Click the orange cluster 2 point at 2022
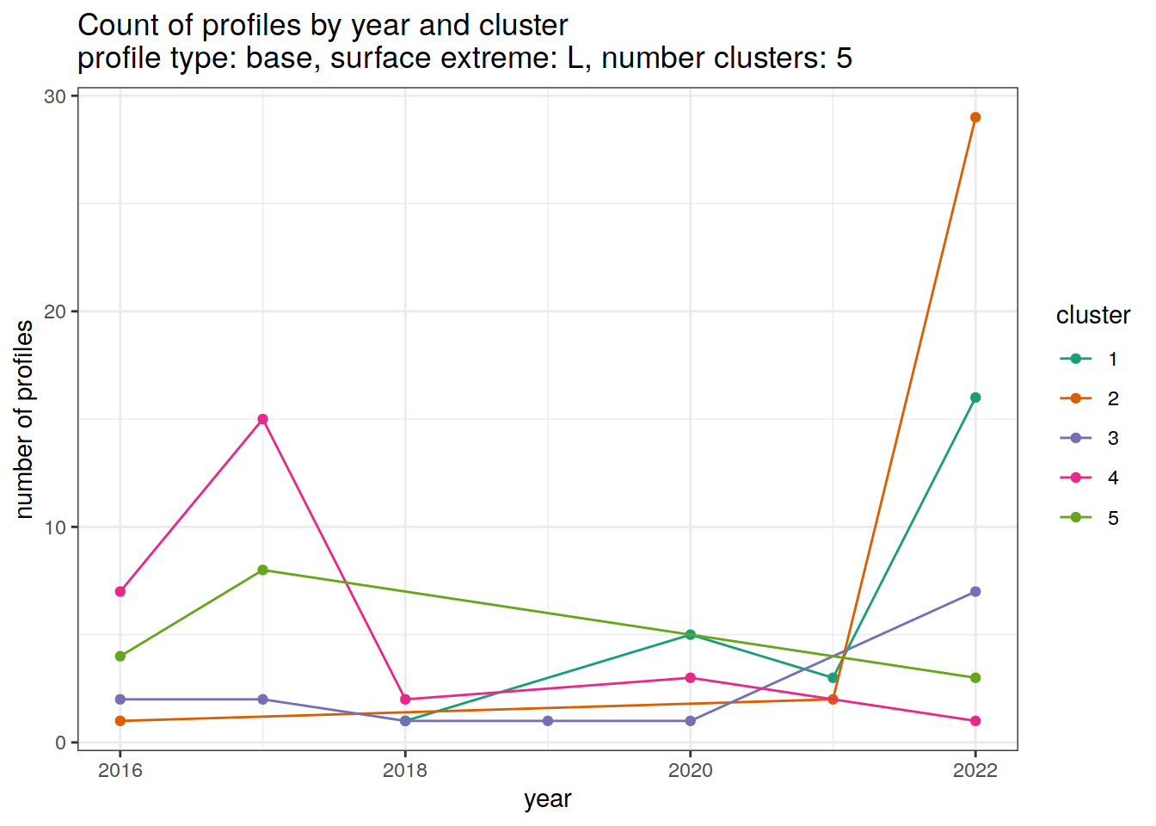[x=975, y=118]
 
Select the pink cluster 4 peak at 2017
[x=263, y=420]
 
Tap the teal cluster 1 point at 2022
[x=975, y=398]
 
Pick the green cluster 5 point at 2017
[x=263, y=570]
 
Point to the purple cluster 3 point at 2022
[x=975, y=592]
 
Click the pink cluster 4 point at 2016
[x=120, y=592]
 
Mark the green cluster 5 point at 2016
[x=120, y=656]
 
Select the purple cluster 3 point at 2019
[x=548, y=721]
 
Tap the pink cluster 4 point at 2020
[x=691, y=678]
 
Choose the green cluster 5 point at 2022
[x=975, y=678]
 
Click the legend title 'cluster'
[x=1092, y=316]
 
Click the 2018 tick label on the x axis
[x=405, y=770]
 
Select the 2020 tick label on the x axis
[x=691, y=770]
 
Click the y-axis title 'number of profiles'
[x=25, y=419]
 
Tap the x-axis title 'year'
[x=548, y=799]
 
